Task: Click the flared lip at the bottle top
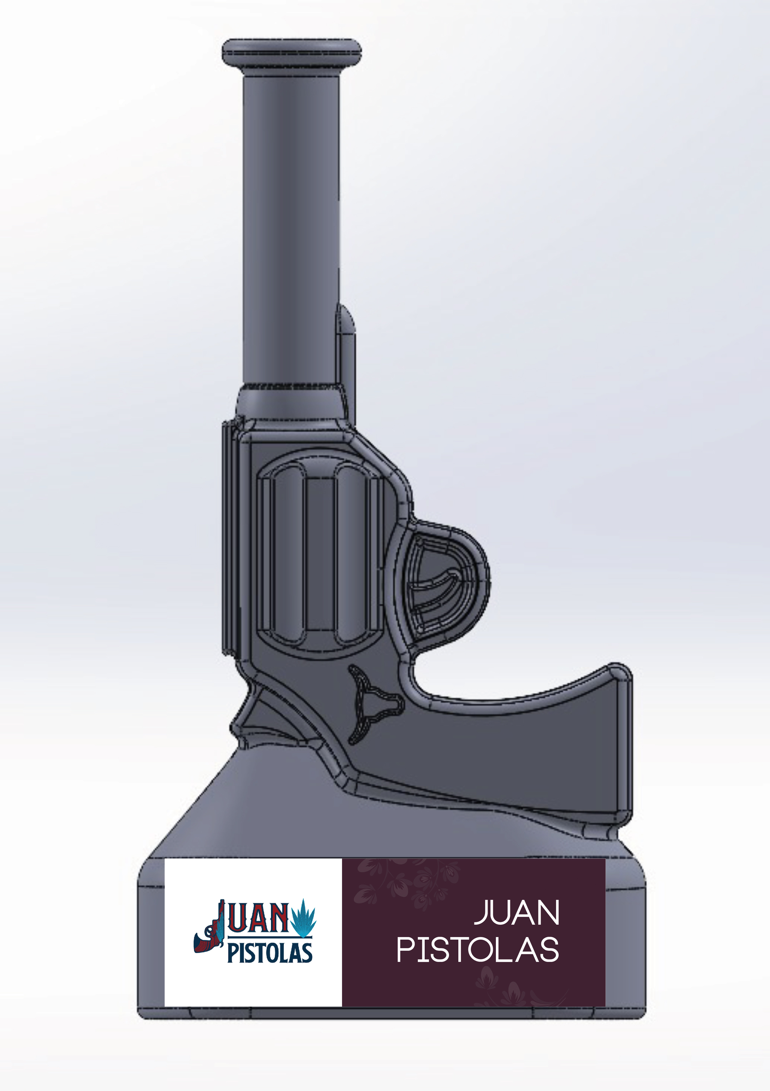[x=292, y=52]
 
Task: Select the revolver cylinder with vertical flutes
[x=320, y=554]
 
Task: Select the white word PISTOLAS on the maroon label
[x=478, y=950]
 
